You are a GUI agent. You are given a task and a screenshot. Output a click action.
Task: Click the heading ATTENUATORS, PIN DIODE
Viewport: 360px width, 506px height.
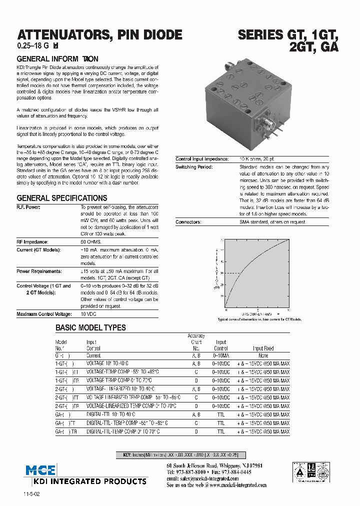[x=99, y=35]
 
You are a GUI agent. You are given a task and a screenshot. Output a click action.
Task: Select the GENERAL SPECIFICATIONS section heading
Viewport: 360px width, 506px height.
[x=62, y=198]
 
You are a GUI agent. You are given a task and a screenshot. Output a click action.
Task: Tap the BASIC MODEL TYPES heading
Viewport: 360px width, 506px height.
[x=90, y=327]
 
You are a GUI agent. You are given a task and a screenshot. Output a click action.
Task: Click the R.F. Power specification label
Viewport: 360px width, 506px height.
[x=28, y=207]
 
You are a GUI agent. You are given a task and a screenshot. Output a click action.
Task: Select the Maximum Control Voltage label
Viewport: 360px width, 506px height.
[x=42, y=314]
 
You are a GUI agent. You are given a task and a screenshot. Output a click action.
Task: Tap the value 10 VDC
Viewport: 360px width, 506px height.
[x=88, y=314]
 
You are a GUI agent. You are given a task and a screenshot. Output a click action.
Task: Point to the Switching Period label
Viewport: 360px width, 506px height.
[x=194, y=167]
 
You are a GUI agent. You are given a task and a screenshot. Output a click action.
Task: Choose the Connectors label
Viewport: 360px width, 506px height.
[x=188, y=221]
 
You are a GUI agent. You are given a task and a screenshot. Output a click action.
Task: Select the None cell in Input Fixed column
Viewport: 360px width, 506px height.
[x=263, y=355]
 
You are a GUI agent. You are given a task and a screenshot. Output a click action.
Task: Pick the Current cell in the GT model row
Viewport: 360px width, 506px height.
[x=93, y=355]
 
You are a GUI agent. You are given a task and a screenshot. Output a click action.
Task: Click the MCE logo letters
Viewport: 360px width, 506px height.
[x=41, y=470]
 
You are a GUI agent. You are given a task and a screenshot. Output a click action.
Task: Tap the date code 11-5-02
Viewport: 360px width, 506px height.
[x=31, y=494]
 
